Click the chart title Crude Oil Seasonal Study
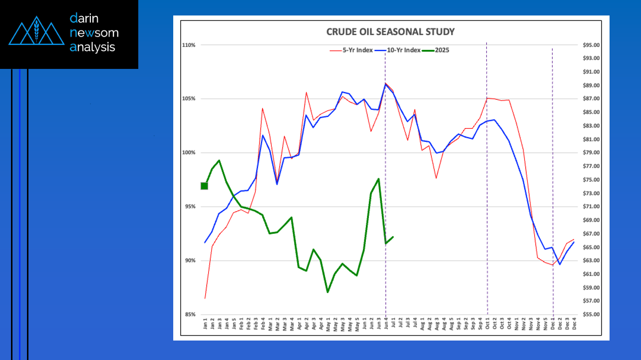point(390,32)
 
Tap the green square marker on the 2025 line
point(204,186)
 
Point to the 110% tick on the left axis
point(189,45)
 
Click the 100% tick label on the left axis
point(189,153)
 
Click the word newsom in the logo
point(94,33)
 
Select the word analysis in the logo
point(92,47)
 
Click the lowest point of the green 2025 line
point(327,292)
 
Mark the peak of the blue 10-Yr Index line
point(385,84)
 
